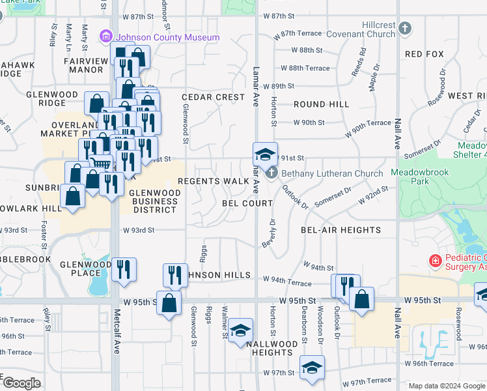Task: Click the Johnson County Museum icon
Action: point(105,38)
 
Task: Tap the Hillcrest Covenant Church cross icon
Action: point(405,28)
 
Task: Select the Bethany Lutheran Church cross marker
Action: point(272,173)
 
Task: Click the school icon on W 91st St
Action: point(265,154)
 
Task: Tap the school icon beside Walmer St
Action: point(240,330)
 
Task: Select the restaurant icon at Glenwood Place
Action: point(124,269)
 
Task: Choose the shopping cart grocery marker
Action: point(100,165)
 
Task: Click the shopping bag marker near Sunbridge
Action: point(73,195)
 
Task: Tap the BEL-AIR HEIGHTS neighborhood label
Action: point(341,230)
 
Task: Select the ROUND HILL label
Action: point(321,104)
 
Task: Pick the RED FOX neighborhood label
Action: point(424,54)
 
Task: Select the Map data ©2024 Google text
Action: point(446,386)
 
